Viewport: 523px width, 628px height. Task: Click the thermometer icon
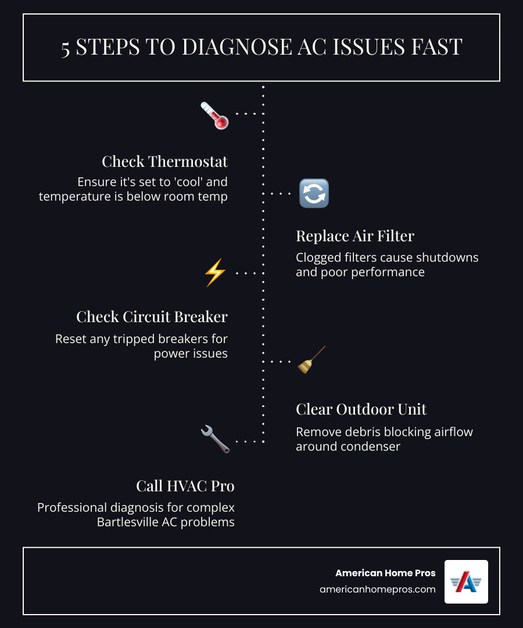point(214,115)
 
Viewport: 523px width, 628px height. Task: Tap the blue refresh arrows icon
point(314,194)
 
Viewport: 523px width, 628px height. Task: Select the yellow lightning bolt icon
point(214,272)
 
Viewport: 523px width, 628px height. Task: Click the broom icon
point(311,360)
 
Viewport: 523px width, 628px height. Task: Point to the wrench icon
point(215,438)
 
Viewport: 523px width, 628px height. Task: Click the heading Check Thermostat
point(164,161)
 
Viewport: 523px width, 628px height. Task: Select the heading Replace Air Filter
point(355,235)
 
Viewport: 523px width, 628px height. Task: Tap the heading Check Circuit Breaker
point(152,317)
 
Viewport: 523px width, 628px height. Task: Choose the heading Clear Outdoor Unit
point(361,409)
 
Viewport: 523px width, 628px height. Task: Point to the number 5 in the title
point(66,48)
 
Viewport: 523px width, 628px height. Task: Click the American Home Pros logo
point(466,581)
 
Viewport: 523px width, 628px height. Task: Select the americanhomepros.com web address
point(377,589)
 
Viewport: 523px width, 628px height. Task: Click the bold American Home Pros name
point(385,573)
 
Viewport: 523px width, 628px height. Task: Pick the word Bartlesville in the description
point(131,522)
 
